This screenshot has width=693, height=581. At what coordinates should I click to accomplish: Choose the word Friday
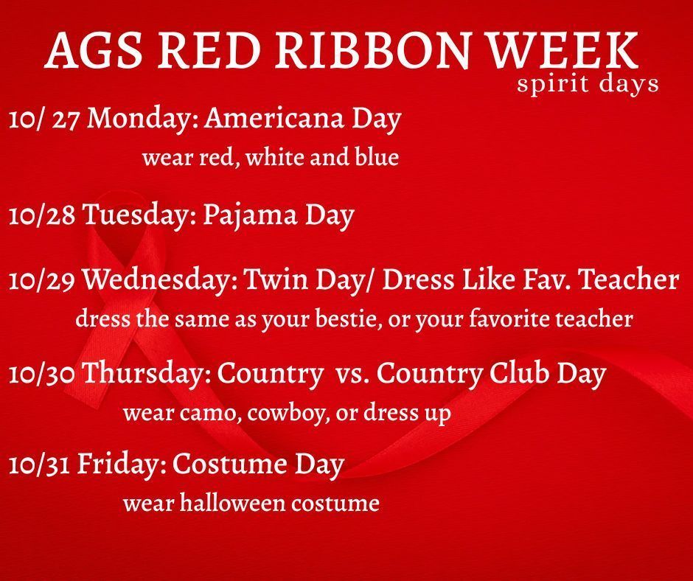point(123,465)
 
